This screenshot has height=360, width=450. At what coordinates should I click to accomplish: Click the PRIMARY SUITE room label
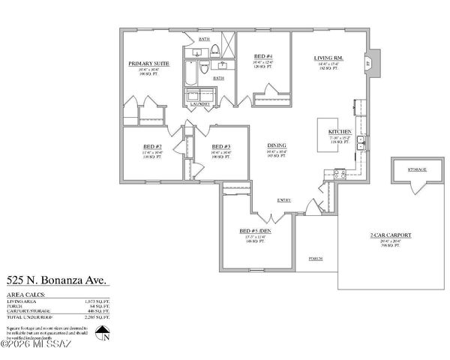148,64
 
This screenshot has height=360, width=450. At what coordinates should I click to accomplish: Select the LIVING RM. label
328,58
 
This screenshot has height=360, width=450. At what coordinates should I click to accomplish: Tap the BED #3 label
220,146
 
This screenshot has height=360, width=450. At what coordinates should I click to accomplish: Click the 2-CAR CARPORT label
391,235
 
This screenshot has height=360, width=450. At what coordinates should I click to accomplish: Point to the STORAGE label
417,169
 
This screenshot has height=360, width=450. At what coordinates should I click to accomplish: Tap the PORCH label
316,259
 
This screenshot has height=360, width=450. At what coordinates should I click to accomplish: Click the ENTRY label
284,200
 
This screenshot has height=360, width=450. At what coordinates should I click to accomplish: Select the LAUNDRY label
199,103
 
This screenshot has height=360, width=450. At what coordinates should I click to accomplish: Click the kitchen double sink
361,142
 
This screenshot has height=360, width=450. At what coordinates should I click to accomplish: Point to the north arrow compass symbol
106,334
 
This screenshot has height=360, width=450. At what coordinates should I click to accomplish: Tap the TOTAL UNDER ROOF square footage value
97,318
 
